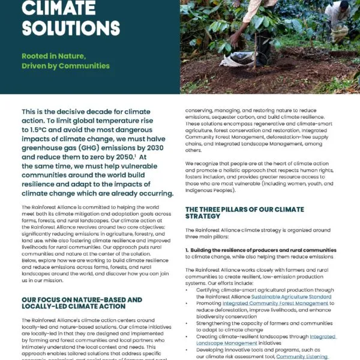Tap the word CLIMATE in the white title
coord(59,7)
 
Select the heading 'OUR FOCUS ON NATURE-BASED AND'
coord(81,299)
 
